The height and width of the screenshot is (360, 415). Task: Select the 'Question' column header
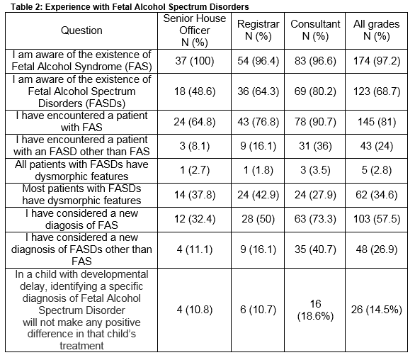coord(81,30)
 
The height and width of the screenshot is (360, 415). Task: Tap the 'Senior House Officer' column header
coord(195,30)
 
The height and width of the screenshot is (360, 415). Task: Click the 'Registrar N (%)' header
coord(258,30)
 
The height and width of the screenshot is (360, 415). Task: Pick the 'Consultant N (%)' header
coord(315,30)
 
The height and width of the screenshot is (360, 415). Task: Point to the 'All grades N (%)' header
coord(376,30)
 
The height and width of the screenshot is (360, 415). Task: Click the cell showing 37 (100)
coord(195,61)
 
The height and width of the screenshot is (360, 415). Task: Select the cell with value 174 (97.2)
coord(377,61)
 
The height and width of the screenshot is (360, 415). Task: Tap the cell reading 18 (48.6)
coord(195,91)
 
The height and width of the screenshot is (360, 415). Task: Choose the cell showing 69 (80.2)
coord(315,91)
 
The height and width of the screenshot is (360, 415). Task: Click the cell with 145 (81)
coord(377,122)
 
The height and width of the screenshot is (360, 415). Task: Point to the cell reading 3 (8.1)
coord(195,146)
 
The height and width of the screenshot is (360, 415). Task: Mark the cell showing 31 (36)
coord(315,146)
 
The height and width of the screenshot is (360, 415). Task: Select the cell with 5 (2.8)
coord(377,170)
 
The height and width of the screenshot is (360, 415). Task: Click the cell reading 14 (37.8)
coord(195,195)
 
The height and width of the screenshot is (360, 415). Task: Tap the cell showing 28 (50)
coord(258,220)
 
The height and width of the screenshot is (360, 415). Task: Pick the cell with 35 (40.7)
coord(315,249)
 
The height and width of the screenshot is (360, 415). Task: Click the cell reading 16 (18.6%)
coord(315,310)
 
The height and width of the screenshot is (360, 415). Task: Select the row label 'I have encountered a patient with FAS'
coord(81,122)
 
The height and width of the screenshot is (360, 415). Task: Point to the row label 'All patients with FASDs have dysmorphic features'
coord(81,170)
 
